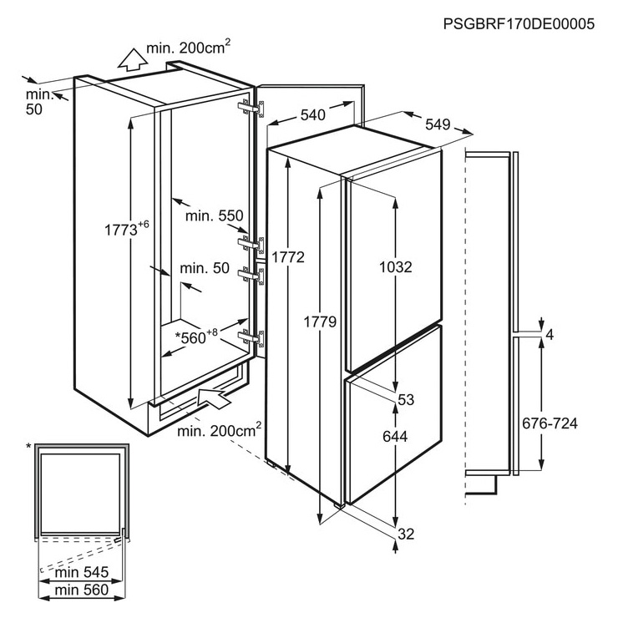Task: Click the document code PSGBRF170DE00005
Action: point(519,24)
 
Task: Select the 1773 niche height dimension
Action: point(127,229)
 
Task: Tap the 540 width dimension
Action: point(313,115)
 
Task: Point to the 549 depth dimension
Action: point(438,124)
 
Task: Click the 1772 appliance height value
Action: point(288,257)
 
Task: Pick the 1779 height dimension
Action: point(320,322)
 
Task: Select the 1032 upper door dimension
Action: point(395,267)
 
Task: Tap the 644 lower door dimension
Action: point(395,436)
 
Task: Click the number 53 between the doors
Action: point(406,400)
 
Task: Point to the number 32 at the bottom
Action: point(406,534)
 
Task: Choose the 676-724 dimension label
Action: point(550,423)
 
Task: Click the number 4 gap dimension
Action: point(550,335)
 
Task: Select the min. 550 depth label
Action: point(215,216)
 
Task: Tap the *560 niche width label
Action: point(196,337)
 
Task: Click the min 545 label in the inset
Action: point(82,572)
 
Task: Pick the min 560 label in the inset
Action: point(82,590)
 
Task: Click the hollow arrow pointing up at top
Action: point(133,60)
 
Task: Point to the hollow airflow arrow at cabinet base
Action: point(213,398)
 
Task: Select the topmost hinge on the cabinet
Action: point(251,108)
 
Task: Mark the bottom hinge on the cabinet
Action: point(251,337)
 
